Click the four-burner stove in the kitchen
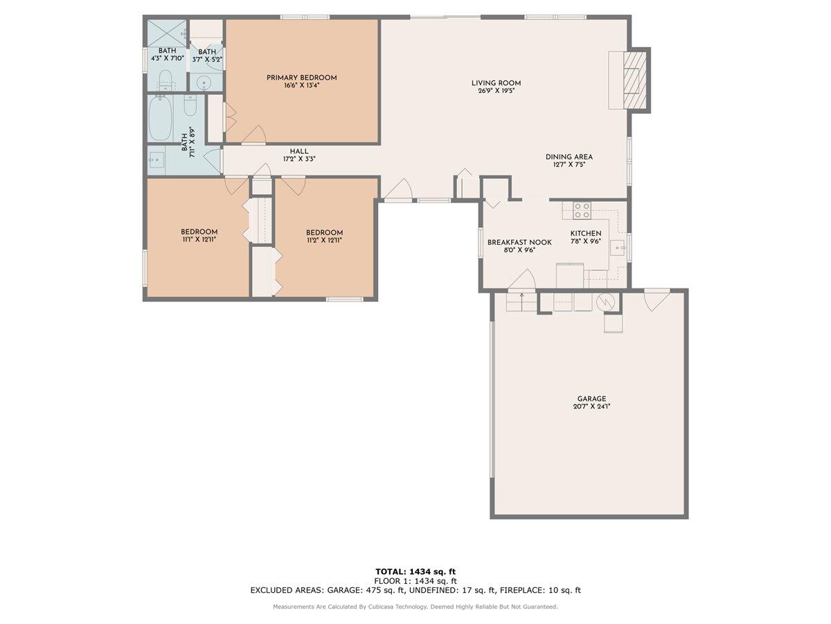point(582,210)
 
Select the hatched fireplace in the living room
point(632,80)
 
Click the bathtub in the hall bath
point(164,119)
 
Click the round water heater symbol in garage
point(606,302)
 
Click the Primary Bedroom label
point(301,78)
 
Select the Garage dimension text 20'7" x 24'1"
point(591,407)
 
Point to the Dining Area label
point(569,157)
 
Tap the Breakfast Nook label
point(519,242)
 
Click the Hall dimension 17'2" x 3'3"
point(299,159)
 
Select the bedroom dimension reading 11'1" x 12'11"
point(199,240)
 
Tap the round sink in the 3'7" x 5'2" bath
point(204,83)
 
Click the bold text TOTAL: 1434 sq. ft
point(415,571)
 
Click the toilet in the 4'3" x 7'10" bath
point(166,78)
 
